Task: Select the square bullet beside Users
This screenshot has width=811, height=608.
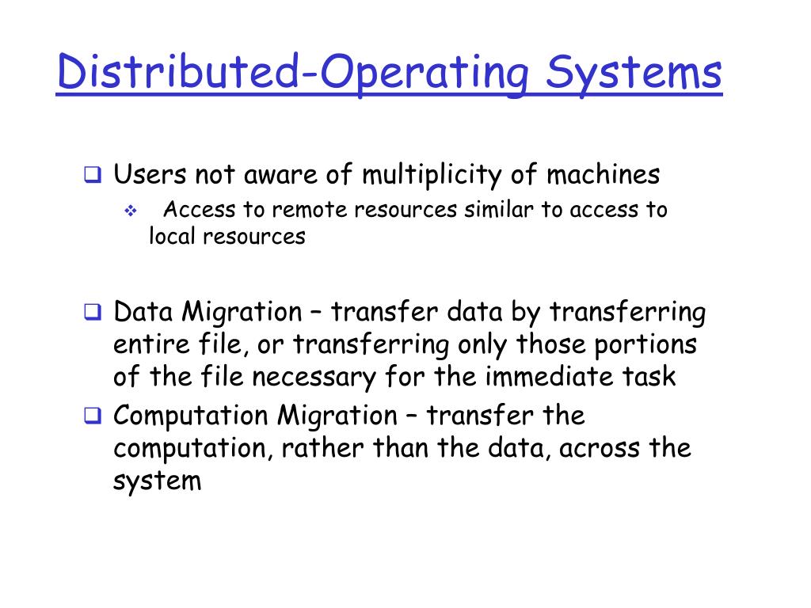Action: tap(93, 176)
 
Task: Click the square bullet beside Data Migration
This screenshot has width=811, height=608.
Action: tap(93, 313)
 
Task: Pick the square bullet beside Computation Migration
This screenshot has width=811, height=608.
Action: tap(93, 416)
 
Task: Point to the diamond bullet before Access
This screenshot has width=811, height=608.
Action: tap(131, 211)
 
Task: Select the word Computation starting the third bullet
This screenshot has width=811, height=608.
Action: tap(191, 416)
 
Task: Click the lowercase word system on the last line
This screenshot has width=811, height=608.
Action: tap(158, 481)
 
